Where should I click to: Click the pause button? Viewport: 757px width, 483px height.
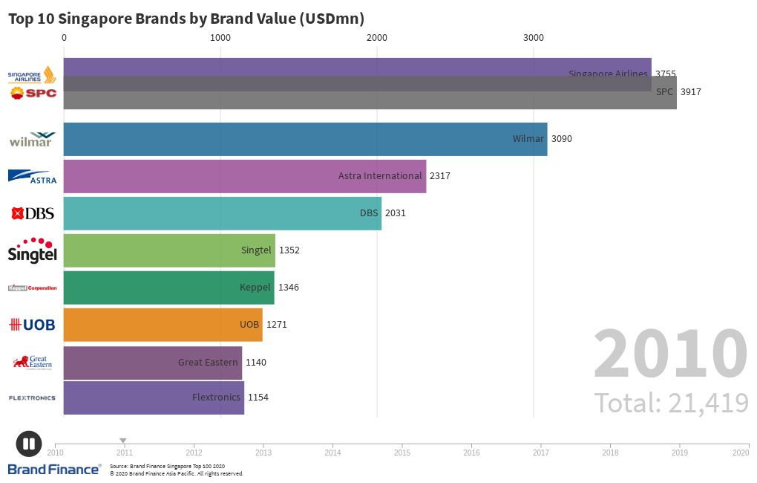click(x=29, y=444)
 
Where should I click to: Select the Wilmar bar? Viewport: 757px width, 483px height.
click(x=305, y=139)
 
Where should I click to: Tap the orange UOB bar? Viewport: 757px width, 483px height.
click(x=163, y=325)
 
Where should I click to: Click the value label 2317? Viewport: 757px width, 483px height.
click(x=439, y=176)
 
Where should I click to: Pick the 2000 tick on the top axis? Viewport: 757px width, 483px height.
click(x=377, y=38)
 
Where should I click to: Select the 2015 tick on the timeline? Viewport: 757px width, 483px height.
click(x=402, y=452)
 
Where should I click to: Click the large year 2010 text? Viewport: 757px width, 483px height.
click(x=670, y=355)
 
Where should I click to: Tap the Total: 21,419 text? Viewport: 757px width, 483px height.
click(x=671, y=403)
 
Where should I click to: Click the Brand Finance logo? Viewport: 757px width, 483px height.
click(x=54, y=469)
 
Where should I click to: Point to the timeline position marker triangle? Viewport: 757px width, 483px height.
click(x=123, y=441)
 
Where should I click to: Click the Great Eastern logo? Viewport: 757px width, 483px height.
click(x=32, y=362)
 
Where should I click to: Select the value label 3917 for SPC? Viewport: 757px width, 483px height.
click(x=690, y=92)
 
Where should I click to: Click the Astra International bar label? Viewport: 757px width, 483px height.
click(x=380, y=176)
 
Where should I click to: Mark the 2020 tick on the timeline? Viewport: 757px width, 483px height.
click(x=740, y=452)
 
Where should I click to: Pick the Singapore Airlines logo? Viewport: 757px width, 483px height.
click(x=32, y=75)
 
